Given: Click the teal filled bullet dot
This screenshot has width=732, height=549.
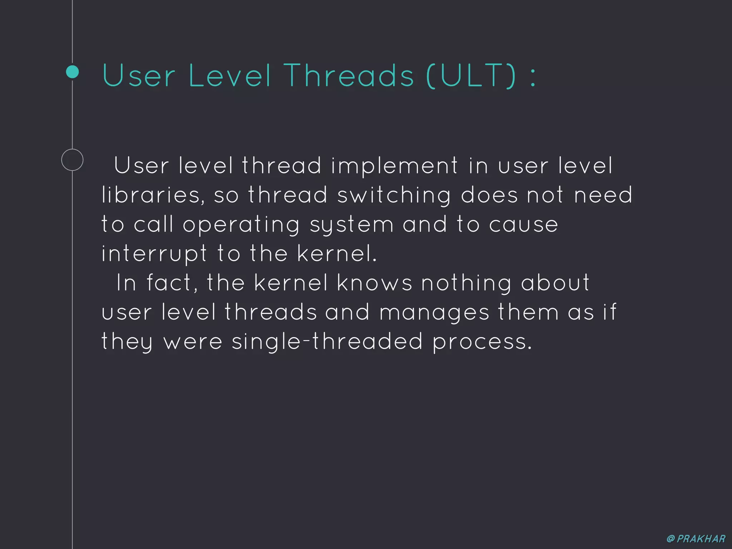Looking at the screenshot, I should click(73, 72).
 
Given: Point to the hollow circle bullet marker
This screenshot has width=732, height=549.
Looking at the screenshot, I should click(72, 160).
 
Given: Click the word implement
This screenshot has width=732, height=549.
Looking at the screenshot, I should click(394, 166).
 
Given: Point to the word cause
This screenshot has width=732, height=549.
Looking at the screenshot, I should click(523, 224).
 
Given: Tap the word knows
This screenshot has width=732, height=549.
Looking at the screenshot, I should click(375, 283).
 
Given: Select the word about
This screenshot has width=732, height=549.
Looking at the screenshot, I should click(555, 283).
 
